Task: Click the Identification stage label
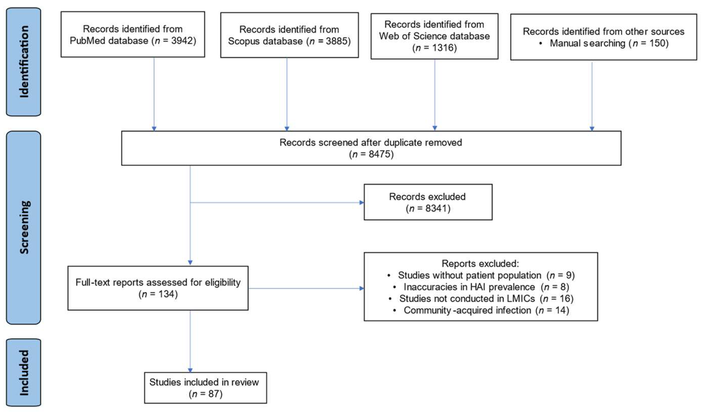pyautogui.click(x=24, y=62)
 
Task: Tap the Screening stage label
pyautogui.click(x=24, y=227)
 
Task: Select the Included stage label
pyautogui.click(x=24, y=372)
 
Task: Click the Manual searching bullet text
pyautogui.click(x=609, y=43)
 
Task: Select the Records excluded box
pyautogui.click(x=428, y=202)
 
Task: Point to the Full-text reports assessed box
pyautogui.click(x=158, y=288)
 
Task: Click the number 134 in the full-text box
pyautogui.click(x=167, y=294)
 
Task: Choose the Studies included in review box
pyautogui.click(x=205, y=388)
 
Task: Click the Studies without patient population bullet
pyautogui.click(x=486, y=275)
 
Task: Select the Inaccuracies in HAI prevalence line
pyautogui.click(x=486, y=287)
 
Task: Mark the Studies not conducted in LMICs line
pyautogui.click(x=486, y=298)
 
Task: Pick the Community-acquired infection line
pyautogui.click(x=486, y=310)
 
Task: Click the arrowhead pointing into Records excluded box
pyautogui.click(x=361, y=202)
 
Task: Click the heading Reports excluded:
pyautogui.click(x=480, y=264)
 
